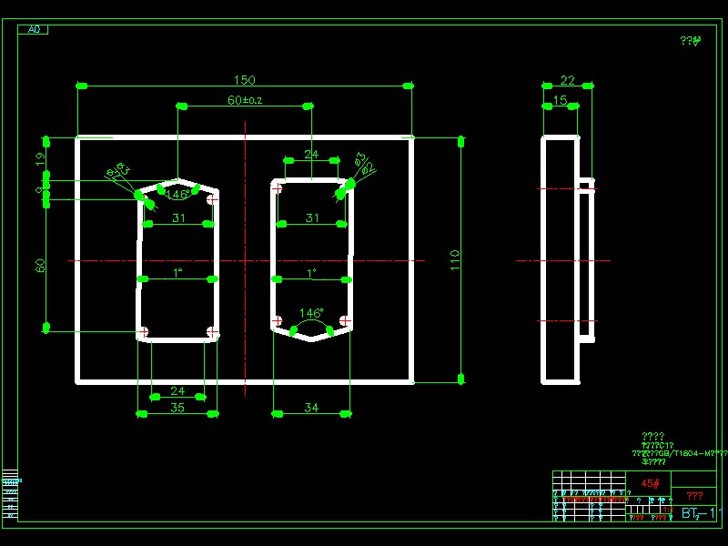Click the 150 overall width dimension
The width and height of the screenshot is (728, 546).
click(x=245, y=80)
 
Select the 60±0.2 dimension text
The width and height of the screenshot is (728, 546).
click(x=244, y=100)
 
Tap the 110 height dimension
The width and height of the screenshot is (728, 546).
click(x=455, y=259)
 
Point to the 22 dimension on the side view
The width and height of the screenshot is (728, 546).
click(x=568, y=80)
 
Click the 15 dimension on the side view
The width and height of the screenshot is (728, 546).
click(x=561, y=100)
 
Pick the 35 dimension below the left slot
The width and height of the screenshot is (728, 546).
click(x=177, y=408)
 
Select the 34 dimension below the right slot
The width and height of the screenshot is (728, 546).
click(x=311, y=408)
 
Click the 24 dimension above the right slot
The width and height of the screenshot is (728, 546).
click(x=311, y=155)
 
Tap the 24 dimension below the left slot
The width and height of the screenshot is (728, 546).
click(x=177, y=390)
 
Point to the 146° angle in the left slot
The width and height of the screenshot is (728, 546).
click(x=177, y=194)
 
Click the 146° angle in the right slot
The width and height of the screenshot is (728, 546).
click(x=311, y=312)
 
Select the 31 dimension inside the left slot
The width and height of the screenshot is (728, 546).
click(x=177, y=217)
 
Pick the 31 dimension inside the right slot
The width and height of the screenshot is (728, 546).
click(x=312, y=217)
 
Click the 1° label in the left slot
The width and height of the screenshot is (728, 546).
click(x=177, y=272)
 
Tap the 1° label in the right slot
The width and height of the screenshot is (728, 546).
click(x=311, y=272)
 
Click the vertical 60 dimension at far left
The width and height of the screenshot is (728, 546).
click(x=40, y=265)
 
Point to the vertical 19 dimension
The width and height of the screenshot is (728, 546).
click(x=40, y=158)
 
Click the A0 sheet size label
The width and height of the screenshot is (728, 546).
click(x=34, y=30)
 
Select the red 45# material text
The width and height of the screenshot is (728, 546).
click(x=650, y=483)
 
